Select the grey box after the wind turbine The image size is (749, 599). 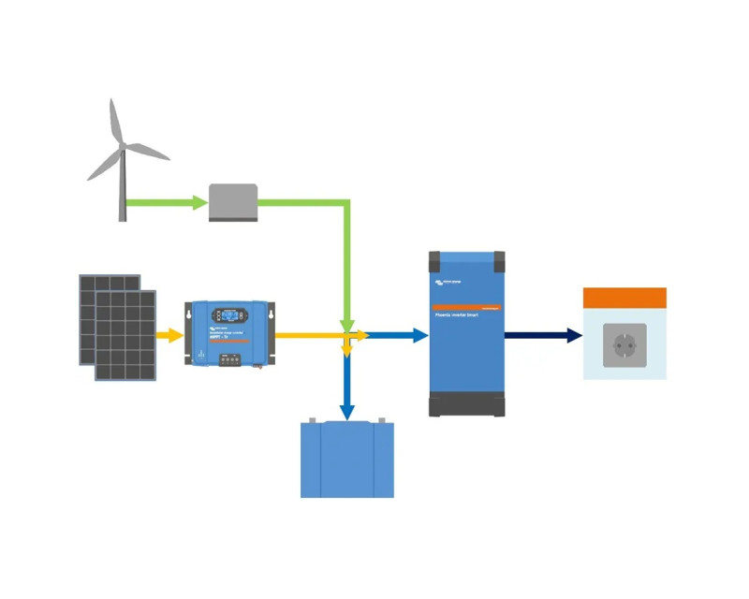coord(232,202)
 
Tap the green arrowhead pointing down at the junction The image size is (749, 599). coord(347,324)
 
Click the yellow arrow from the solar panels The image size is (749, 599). coord(169,335)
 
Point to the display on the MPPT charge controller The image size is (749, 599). coord(229,315)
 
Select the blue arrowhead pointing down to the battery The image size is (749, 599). coord(347,412)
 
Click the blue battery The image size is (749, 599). coord(347,460)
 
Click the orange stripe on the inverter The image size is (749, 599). coord(466,307)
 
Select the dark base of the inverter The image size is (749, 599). coord(466,405)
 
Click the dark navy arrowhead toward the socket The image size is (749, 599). coord(573,335)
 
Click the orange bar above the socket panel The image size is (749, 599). coord(624,299)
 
